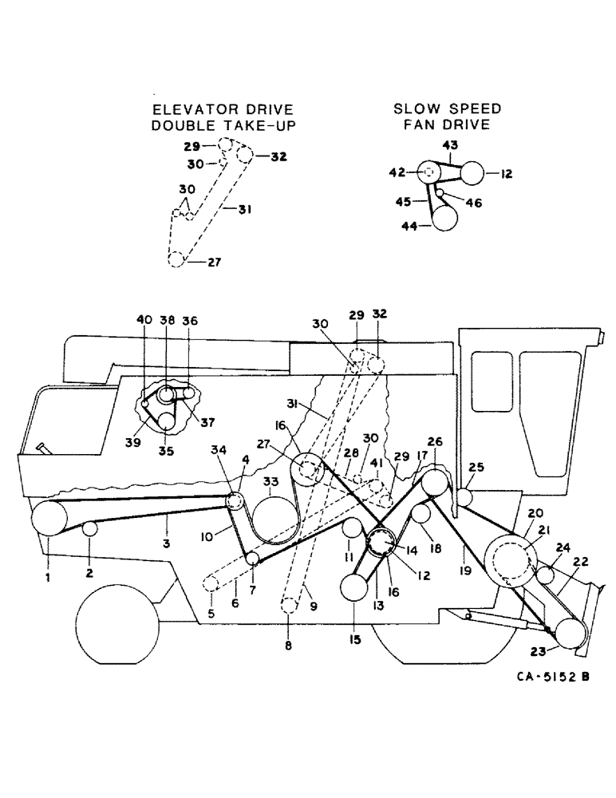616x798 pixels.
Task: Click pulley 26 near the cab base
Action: (436, 484)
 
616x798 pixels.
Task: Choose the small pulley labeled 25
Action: (464, 497)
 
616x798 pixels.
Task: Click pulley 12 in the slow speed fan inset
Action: (472, 172)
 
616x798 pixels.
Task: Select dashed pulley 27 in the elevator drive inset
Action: (176, 259)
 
